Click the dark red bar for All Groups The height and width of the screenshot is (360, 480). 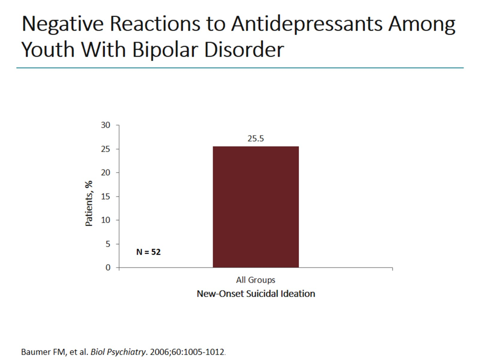pos(255,207)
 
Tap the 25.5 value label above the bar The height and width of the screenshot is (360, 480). pos(255,138)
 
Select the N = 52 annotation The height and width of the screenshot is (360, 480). pos(148,252)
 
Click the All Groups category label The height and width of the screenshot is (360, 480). pos(255,280)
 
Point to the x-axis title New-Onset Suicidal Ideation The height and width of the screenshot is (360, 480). pos(255,293)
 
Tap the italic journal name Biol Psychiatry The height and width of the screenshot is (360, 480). pos(113,351)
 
